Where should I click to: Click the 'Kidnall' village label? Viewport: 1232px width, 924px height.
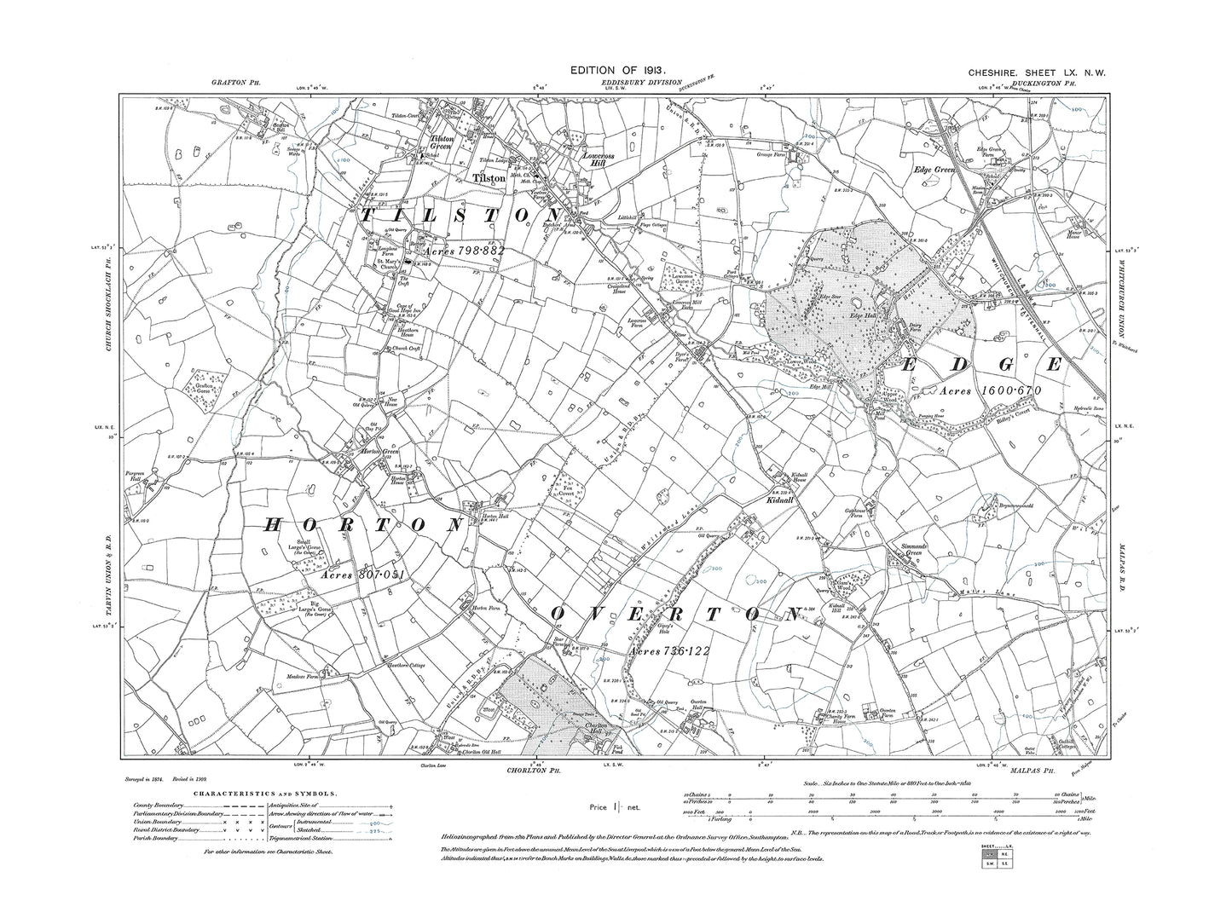[x=781, y=501]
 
